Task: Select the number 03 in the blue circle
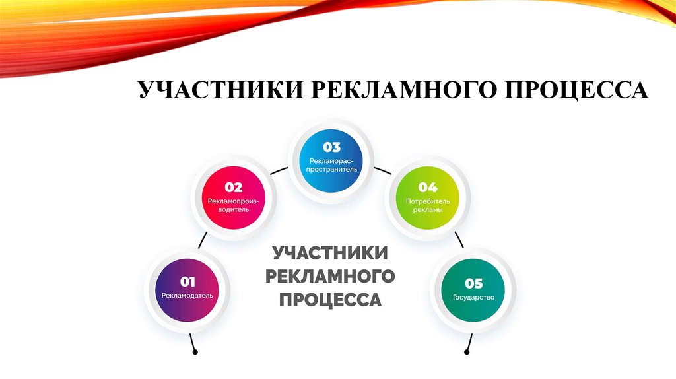[331, 147]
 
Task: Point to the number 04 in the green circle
[427, 187]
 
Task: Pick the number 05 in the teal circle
[474, 284]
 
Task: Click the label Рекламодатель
[187, 296]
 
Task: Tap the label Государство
[474, 297]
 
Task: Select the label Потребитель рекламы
[427, 205]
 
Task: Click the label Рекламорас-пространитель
[331, 164]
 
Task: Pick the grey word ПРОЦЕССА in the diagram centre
[330, 299]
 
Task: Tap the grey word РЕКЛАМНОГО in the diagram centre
[330, 276]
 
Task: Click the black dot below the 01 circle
[195, 353]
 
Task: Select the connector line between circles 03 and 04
[382, 170]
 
